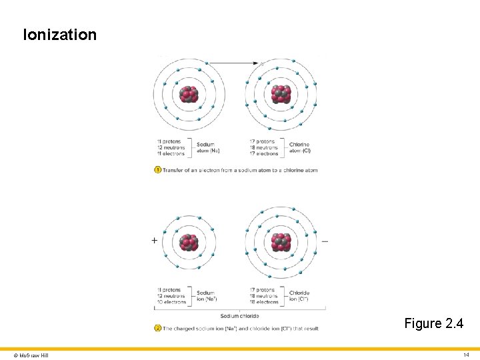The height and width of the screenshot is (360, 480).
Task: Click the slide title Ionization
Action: (59, 35)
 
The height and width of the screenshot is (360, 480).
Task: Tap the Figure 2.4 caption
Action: (433, 323)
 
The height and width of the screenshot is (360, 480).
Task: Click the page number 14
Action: (466, 355)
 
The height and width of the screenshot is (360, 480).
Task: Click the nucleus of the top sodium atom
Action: (189, 94)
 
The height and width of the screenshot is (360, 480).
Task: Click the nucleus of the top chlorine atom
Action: (281, 94)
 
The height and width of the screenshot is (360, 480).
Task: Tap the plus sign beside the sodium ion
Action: (155, 240)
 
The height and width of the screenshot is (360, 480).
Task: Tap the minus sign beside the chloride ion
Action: (325, 240)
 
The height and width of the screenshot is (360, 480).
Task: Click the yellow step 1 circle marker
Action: (157, 170)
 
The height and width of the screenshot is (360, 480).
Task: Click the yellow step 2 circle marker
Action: (157, 328)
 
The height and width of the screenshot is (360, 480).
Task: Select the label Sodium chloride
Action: (239, 315)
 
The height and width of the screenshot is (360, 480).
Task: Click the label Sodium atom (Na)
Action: (208, 147)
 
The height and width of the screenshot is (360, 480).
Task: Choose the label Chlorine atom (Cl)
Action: (300, 147)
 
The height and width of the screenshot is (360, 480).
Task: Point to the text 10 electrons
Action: (171, 302)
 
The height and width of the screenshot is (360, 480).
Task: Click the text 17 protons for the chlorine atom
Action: (261, 141)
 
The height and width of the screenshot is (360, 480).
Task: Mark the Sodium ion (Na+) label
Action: (207, 296)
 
